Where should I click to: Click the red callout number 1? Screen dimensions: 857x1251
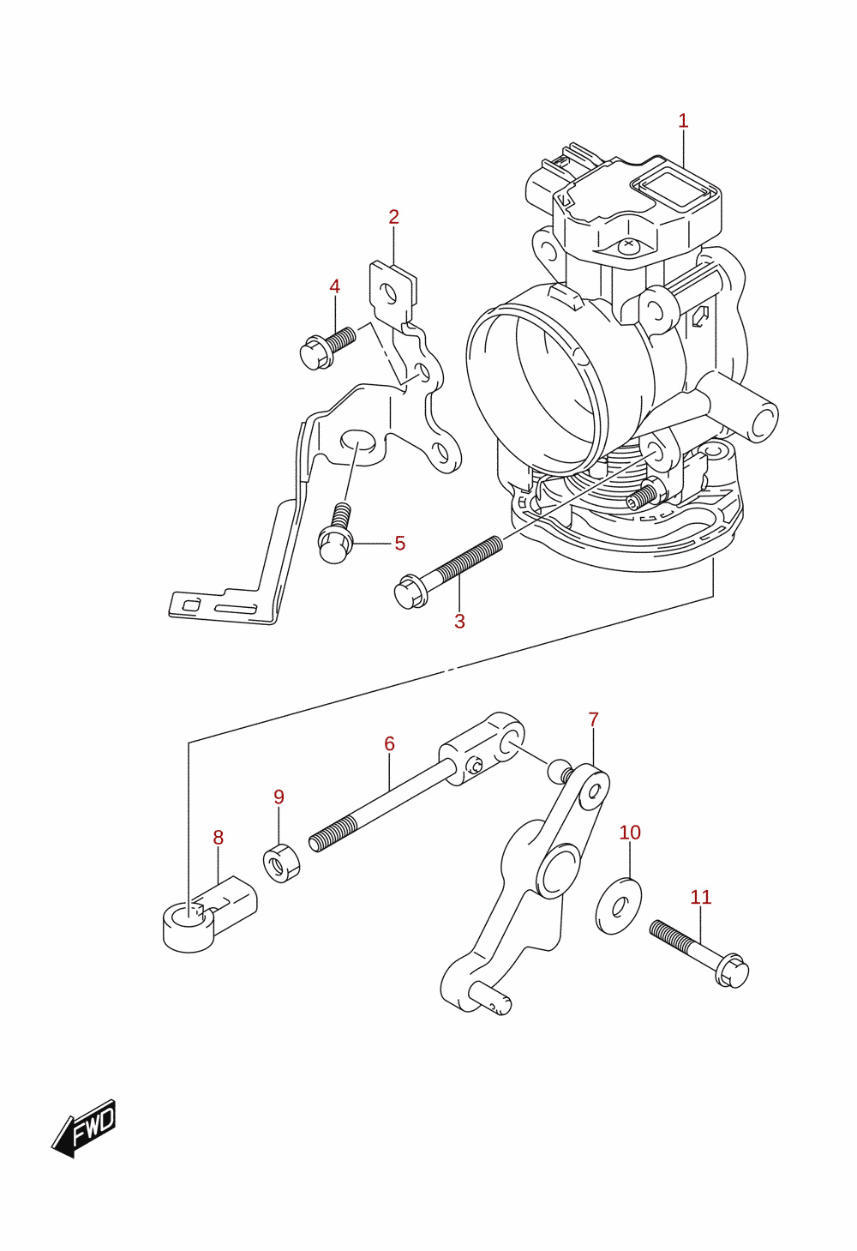[x=683, y=121]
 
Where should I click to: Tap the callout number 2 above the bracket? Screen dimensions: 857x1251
[x=393, y=217]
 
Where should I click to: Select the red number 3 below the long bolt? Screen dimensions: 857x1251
[x=459, y=621]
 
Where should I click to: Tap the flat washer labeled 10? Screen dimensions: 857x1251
[x=619, y=906]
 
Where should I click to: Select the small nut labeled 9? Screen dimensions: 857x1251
[x=281, y=863]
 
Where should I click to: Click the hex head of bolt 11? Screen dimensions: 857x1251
[x=731, y=972]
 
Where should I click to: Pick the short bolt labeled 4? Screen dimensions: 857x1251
[x=327, y=348]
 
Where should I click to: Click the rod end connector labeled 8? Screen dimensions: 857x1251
[x=209, y=913]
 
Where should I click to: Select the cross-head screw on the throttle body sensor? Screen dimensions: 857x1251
[x=629, y=244]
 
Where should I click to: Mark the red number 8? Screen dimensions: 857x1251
[x=218, y=838]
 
